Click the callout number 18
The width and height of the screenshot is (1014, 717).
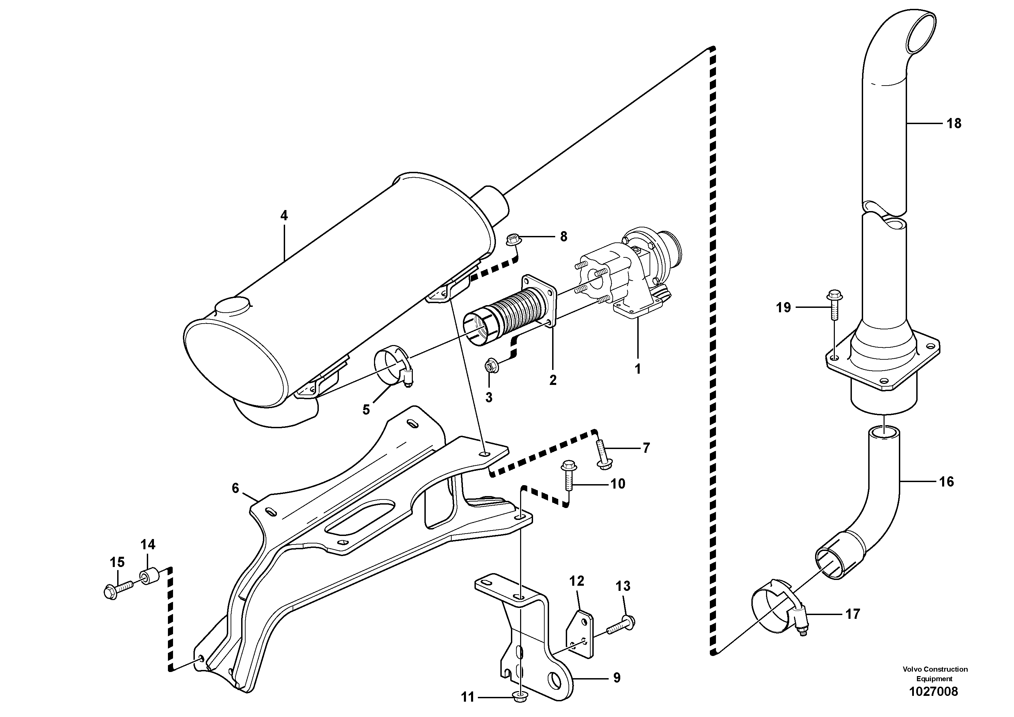(954, 123)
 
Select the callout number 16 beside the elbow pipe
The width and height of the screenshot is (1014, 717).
(947, 481)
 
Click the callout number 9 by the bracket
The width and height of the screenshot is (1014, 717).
(617, 677)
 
